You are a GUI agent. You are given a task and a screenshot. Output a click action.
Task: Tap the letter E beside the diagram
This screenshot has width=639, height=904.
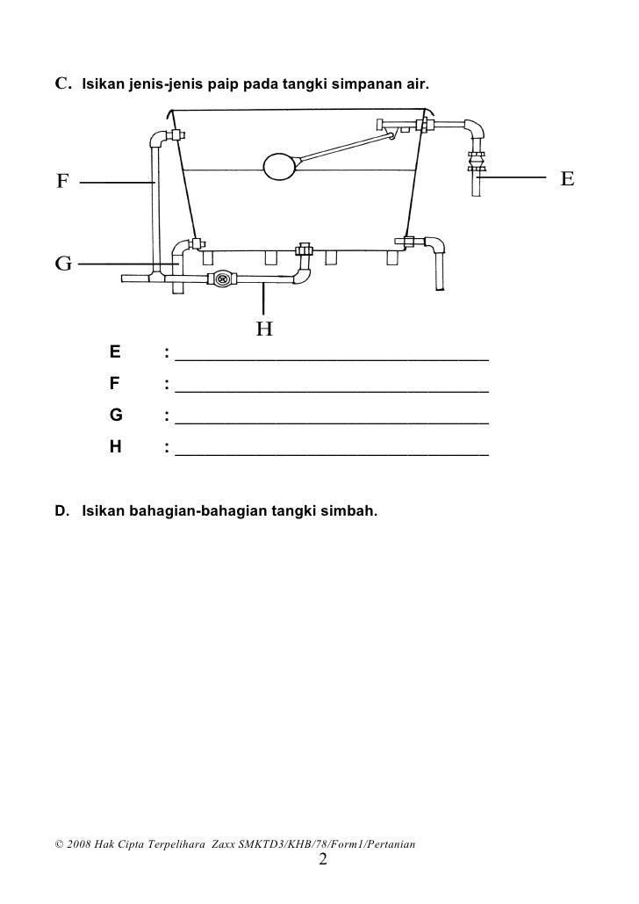coord(567,178)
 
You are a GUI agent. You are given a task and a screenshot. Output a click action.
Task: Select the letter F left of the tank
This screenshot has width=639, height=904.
coord(62,182)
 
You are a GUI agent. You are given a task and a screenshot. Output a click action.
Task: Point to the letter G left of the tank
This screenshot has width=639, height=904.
coord(62,263)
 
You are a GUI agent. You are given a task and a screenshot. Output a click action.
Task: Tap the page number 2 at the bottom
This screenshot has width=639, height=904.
coord(322,858)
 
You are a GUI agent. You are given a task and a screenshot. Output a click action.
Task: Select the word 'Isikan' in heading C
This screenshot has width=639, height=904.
coord(104,85)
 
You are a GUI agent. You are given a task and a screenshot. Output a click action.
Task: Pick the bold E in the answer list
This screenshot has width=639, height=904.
coord(114,353)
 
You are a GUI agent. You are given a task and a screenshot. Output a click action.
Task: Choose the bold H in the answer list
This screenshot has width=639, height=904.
coord(115,446)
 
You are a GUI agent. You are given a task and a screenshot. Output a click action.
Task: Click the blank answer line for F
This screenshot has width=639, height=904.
coord(332,389)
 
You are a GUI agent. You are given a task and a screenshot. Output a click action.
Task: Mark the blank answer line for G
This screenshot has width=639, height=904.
coord(332,422)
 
